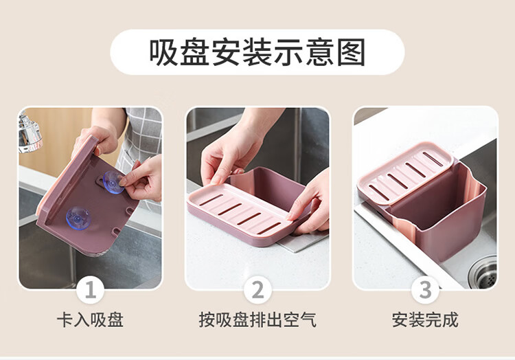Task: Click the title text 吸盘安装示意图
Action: (x=257, y=52)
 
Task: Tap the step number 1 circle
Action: (x=91, y=290)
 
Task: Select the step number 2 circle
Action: (x=257, y=290)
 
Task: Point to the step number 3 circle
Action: (x=425, y=290)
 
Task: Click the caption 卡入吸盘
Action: (x=91, y=320)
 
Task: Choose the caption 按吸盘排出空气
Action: (x=257, y=320)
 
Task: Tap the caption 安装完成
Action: (x=425, y=320)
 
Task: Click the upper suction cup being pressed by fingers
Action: (x=113, y=182)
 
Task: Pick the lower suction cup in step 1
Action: (x=78, y=218)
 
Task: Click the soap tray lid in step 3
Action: (x=406, y=172)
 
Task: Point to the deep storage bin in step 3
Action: (x=439, y=210)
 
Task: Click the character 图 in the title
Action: (x=352, y=52)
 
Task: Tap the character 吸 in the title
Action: (x=163, y=52)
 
